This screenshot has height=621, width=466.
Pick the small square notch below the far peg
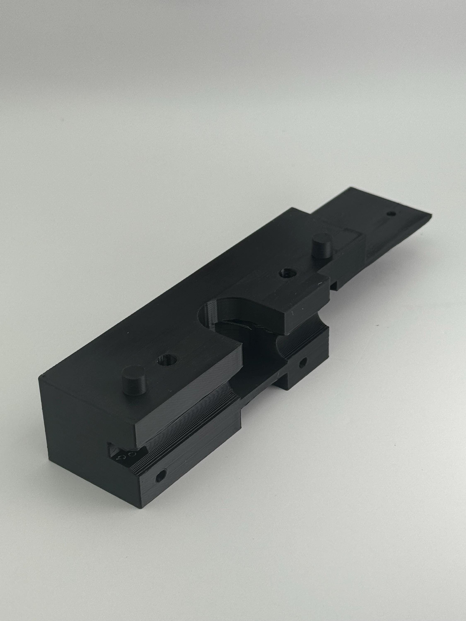tap(334, 286)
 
